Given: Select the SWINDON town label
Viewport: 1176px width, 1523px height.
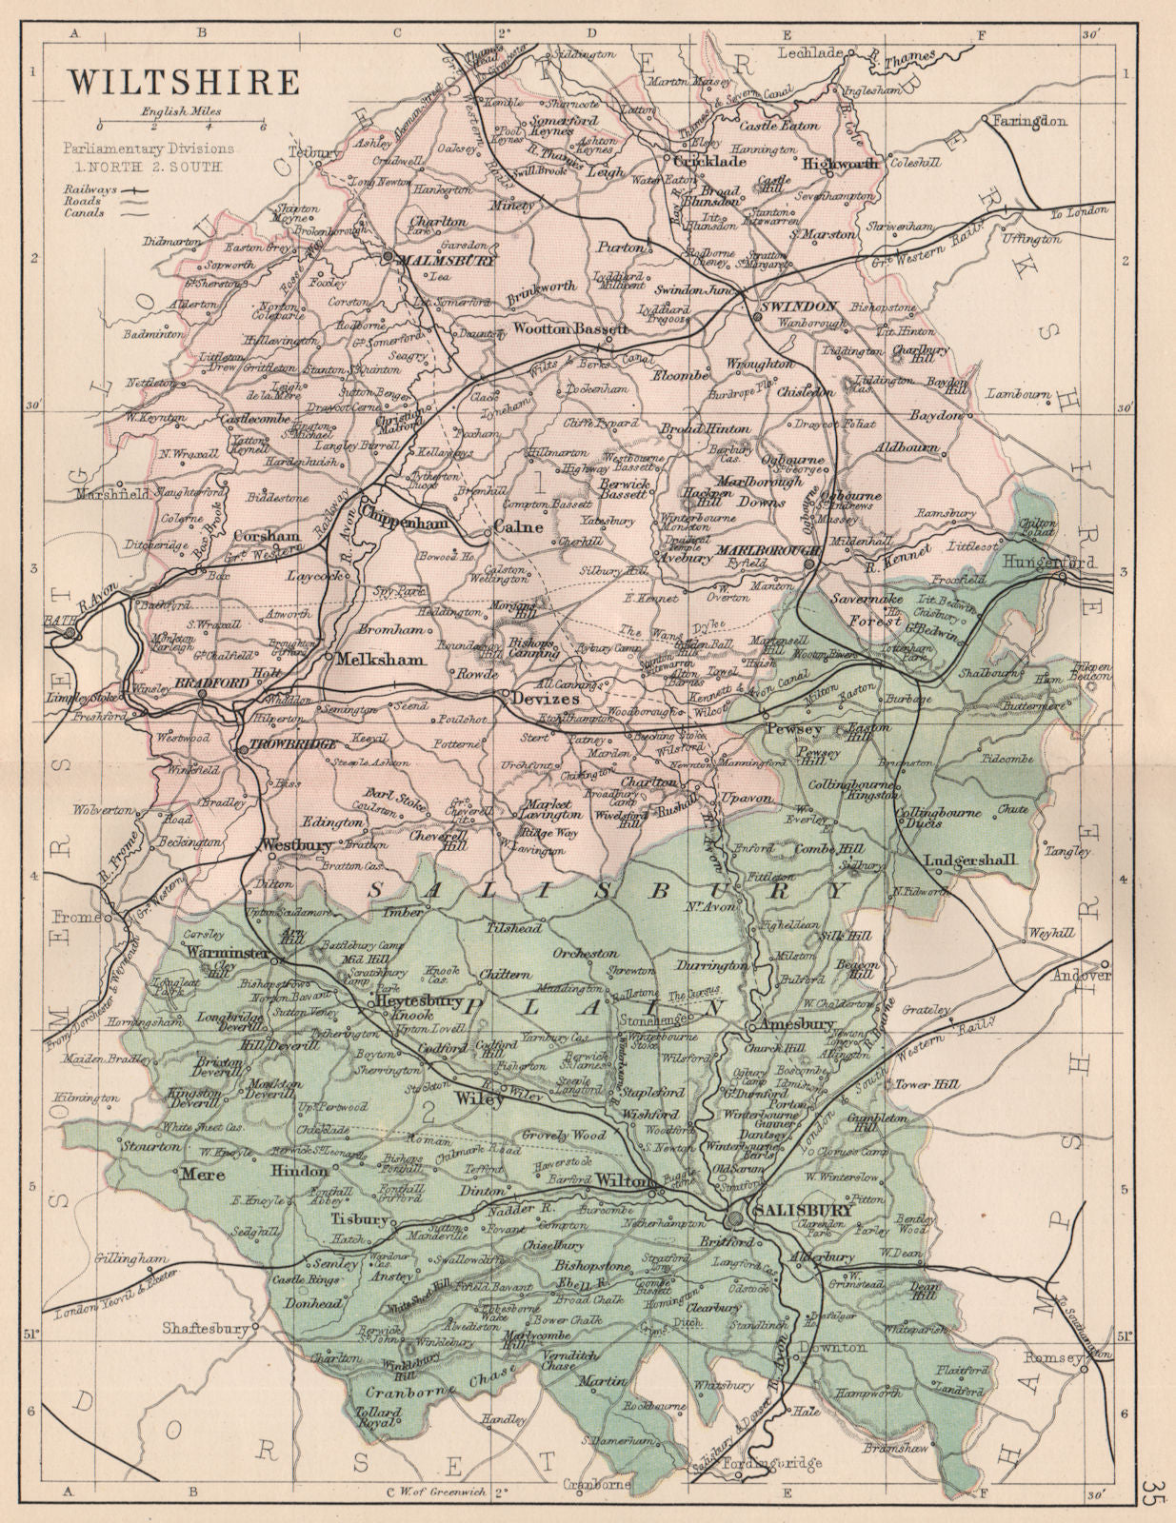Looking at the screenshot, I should pos(798,307).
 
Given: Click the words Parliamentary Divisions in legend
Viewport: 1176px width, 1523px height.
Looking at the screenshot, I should pos(149,148).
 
